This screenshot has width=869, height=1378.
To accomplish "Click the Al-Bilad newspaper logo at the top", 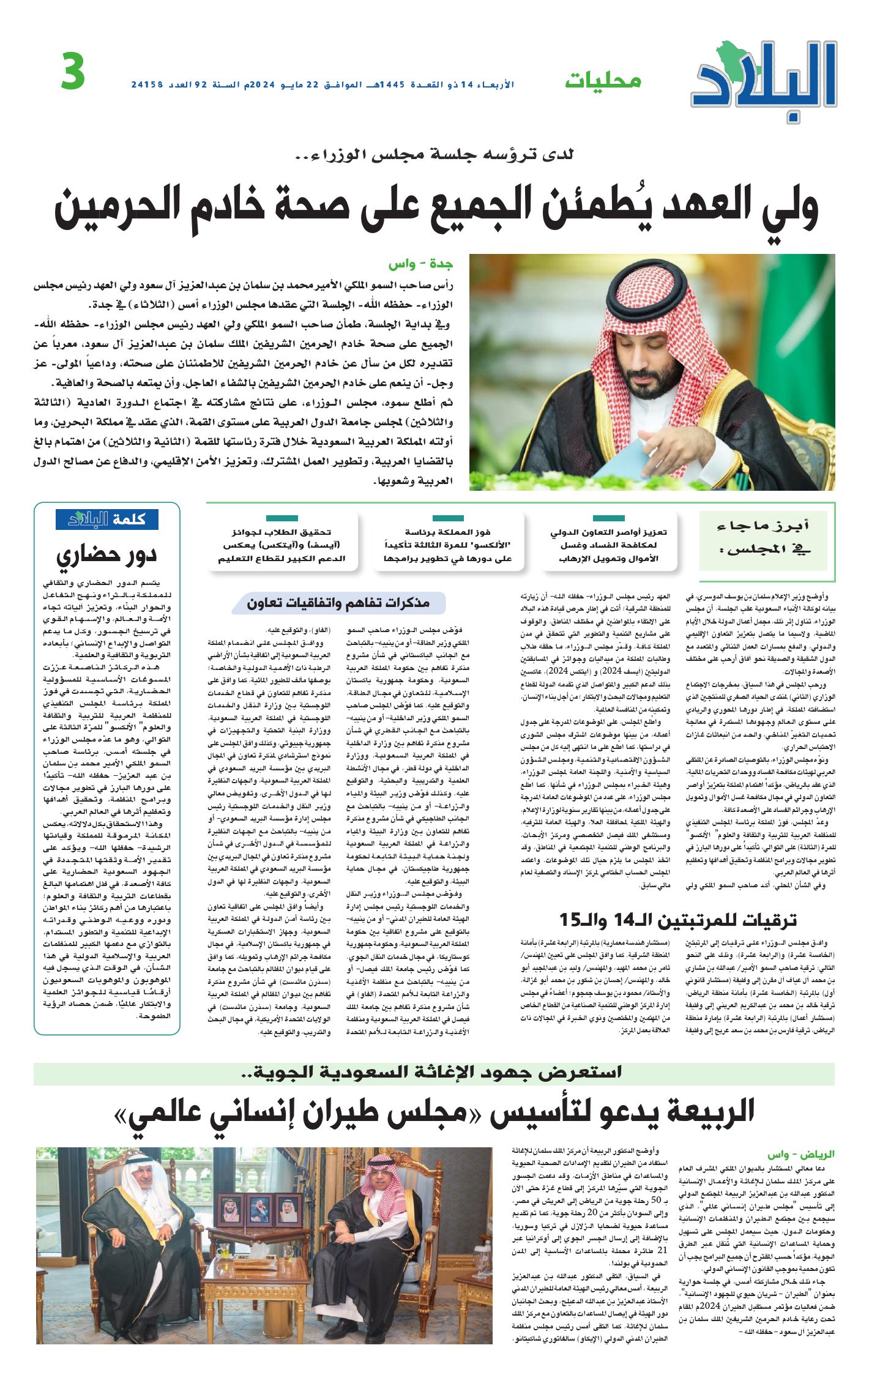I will (765, 76).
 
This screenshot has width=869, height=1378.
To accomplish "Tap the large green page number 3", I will (73, 72).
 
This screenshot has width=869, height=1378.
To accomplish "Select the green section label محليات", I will (602, 80).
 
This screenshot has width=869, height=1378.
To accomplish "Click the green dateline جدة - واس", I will (420, 264).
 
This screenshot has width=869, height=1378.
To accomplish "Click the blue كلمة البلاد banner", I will (107, 519).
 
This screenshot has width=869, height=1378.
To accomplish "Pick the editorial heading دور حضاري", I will (107, 554).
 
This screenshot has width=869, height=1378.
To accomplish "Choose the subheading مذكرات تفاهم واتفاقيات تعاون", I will (338, 603).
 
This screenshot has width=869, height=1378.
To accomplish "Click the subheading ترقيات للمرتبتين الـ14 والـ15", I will (677, 920).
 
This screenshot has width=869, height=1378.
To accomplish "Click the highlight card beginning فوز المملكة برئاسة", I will (447, 545).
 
